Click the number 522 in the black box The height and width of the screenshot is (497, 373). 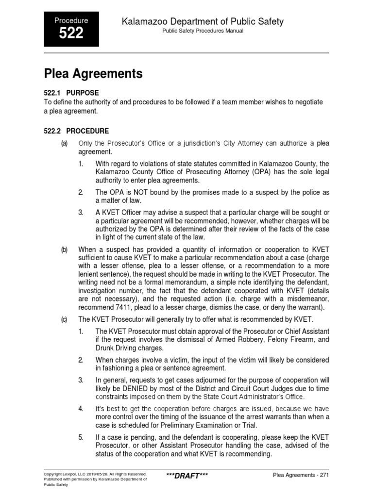pos(71,33)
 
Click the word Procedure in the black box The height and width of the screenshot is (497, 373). pos(71,20)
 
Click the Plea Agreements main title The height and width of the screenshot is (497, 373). pos(93,74)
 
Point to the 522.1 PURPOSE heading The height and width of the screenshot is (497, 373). pos(71,93)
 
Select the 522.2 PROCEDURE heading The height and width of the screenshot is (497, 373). pos(76,131)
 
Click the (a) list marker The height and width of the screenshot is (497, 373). pos(64,143)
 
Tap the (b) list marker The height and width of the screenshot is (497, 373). pos(64,249)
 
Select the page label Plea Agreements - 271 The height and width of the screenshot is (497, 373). pos(301,475)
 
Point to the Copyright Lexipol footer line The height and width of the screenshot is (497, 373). pos(95,471)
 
